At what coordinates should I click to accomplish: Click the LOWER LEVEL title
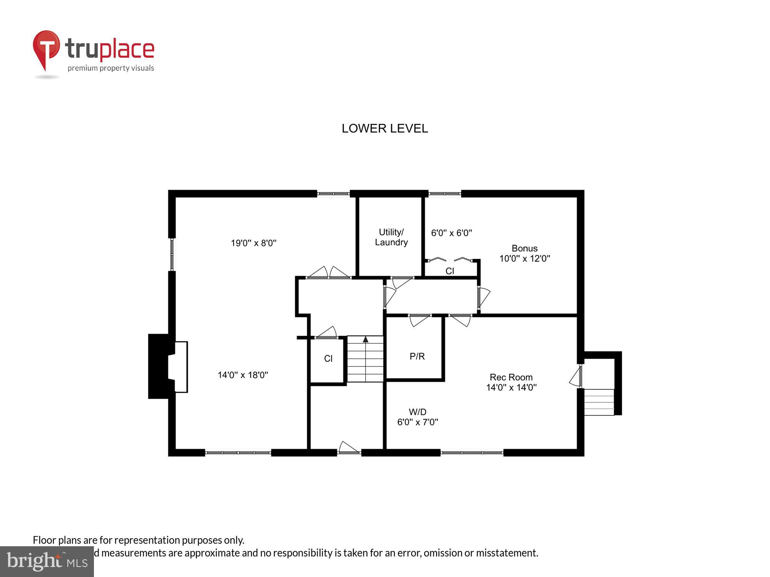385,128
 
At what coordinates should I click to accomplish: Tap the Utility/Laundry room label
391,237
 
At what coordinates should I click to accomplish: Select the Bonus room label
524,248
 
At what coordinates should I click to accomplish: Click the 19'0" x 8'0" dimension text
254,243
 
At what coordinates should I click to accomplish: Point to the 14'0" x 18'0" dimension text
243,375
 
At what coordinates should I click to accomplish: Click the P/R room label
417,357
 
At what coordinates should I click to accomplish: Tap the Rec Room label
511,377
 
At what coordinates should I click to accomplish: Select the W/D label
417,412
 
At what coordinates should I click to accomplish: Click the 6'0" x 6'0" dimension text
451,233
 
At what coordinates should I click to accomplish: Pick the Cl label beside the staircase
328,359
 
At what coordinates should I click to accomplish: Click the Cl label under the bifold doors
450,271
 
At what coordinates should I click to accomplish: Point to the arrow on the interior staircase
365,339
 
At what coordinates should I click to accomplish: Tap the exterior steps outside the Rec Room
599,402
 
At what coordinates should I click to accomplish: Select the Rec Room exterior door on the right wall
576,377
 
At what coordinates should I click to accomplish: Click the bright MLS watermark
47,562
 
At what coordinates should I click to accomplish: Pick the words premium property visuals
111,68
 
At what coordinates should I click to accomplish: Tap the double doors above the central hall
328,272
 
